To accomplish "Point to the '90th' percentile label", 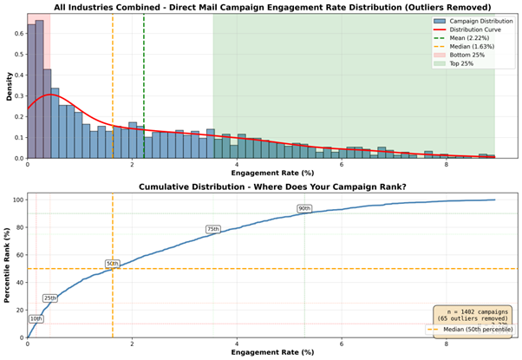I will coord(304,208).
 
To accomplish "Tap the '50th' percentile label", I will coord(113,263).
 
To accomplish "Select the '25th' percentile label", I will coord(50,298).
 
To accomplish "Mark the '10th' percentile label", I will coord(36,318).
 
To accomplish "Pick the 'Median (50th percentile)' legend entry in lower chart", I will coord(473,331).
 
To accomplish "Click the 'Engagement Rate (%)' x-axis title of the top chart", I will coord(260,173).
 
